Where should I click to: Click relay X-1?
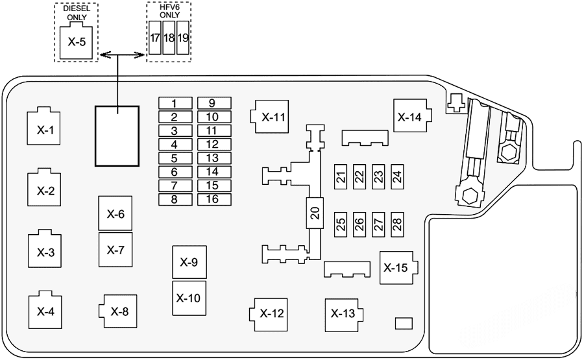click(x=45, y=128)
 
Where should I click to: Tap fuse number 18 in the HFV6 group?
click(x=169, y=38)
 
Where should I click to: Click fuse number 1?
click(x=174, y=103)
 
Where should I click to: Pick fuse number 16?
click(x=212, y=199)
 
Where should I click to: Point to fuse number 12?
click(x=212, y=145)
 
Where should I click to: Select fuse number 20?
click(x=315, y=215)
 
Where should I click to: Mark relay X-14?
click(x=409, y=117)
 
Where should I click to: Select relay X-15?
click(x=396, y=267)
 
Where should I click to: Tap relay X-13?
click(x=343, y=314)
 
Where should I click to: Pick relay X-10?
click(x=189, y=298)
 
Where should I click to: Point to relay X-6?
click(x=115, y=213)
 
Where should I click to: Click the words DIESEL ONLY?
click(x=76, y=12)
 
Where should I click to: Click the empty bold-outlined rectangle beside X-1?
click(x=117, y=136)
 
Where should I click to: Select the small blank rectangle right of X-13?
click(x=404, y=322)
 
